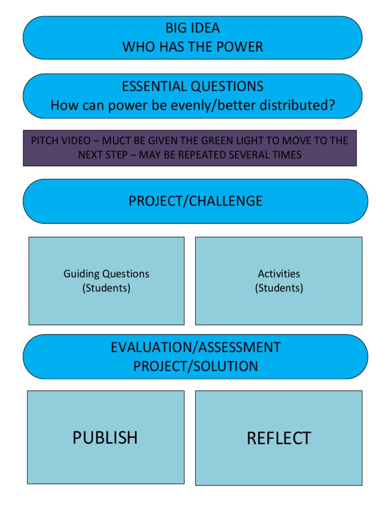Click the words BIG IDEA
(x=192, y=28)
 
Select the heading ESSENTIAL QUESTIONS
(x=192, y=86)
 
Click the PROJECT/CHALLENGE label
(x=195, y=201)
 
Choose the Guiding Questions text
(x=106, y=274)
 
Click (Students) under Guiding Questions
(x=106, y=288)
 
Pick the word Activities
(x=279, y=274)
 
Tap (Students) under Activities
(x=279, y=288)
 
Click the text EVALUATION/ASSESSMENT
(x=195, y=348)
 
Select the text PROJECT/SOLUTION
(x=195, y=366)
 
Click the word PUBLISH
(x=105, y=438)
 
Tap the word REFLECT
(x=279, y=438)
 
